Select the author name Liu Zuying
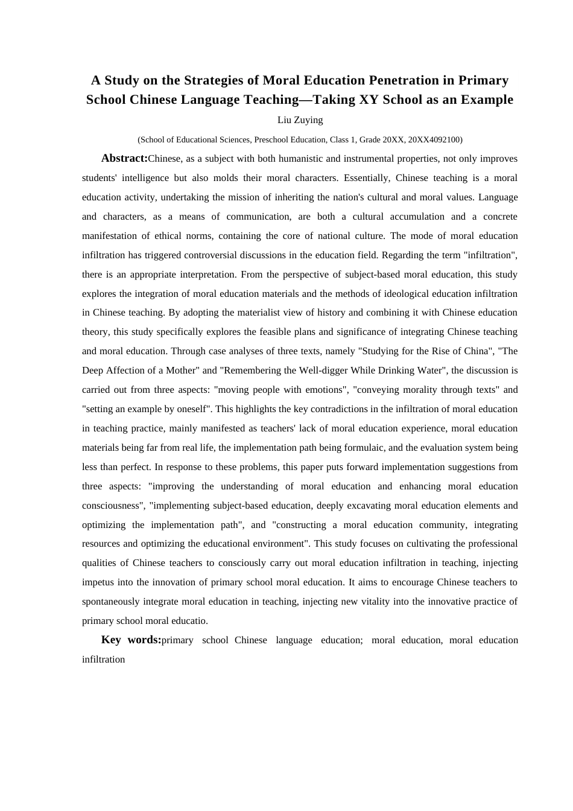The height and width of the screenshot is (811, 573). pyautogui.click(x=300, y=120)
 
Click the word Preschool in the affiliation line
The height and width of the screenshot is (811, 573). pyautogui.click(x=273, y=139)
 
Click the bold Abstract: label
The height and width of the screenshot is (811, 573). pyautogui.click(x=124, y=159)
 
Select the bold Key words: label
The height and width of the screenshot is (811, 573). pyautogui.click(x=131, y=640)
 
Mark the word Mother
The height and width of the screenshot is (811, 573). pyautogui.click(x=182, y=371)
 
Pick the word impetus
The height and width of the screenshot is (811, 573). pyautogui.click(x=100, y=582)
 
